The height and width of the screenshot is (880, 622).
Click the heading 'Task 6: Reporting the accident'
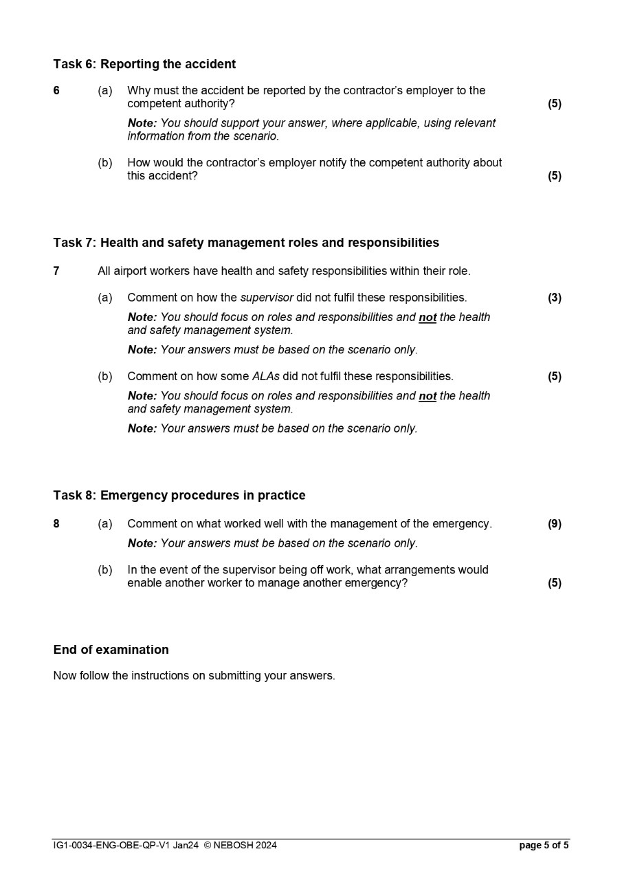[x=144, y=64]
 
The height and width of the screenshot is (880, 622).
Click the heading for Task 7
[x=246, y=243]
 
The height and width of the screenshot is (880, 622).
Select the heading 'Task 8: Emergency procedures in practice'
[x=179, y=495]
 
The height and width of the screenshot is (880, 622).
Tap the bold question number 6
[x=56, y=91]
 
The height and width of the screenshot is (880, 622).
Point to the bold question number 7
[x=56, y=271]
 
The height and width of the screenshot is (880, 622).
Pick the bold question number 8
[x=56, y=524]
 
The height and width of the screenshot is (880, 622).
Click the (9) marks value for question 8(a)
[x=554, y=524]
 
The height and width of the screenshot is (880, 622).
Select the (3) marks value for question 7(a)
[x=554, y=298]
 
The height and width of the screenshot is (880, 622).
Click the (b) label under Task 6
[x=105, y=163]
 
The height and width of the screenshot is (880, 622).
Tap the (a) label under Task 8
[x=105, y=524]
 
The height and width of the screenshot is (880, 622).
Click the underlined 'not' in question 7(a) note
[x=427, y=318]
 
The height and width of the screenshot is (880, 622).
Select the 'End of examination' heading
[x=111, y=650]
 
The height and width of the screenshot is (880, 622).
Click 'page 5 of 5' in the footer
[x=544, y=846]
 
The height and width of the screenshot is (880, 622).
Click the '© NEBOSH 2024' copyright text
[x=241, y=846]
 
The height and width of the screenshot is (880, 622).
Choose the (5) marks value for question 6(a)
[x=554, y=104]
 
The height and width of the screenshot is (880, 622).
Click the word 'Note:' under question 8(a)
[x=142, y=543]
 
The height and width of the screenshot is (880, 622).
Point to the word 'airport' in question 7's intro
[x=132, y=271]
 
